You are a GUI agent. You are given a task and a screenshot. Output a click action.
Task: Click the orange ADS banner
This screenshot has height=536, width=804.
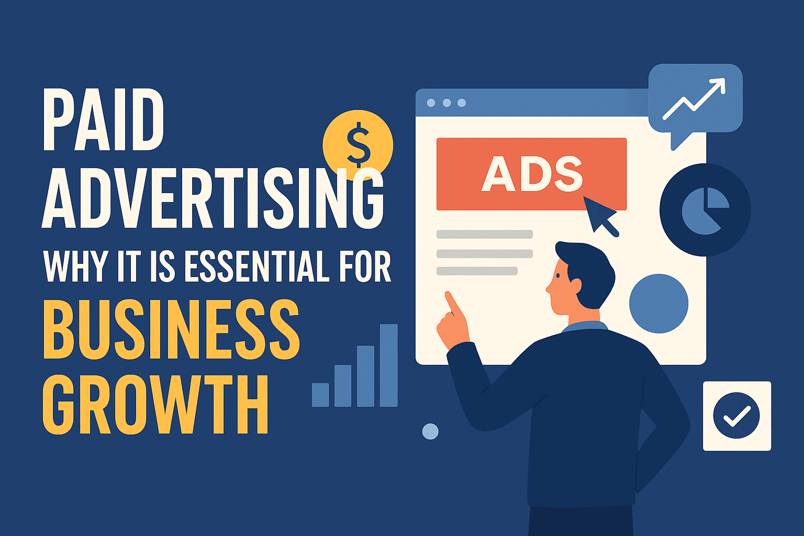tap(531, 174)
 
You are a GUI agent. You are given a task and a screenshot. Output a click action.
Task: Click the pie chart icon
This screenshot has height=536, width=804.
tap(705, 209)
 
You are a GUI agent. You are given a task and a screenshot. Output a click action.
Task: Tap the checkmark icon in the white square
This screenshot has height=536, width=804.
tap(736, 416)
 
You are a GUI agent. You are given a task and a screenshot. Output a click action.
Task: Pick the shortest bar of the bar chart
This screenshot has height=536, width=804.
tap(320, 395)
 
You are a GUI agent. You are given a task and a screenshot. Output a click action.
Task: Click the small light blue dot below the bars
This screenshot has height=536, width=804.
tap(430, 431)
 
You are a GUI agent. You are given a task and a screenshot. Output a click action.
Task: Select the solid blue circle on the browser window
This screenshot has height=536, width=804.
tap(658, 304)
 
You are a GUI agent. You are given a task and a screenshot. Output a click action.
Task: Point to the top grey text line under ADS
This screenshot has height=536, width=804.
tap(484, 234)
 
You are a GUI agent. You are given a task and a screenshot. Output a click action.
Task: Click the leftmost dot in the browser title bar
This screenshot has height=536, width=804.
tap(431, 103)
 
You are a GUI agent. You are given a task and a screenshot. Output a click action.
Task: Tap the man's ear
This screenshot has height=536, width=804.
tap(576, 286)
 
